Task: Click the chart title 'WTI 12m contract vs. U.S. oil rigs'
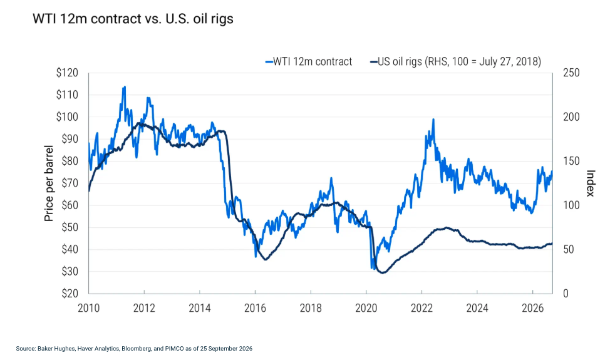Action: [133, 19]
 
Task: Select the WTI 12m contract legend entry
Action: [309, 61]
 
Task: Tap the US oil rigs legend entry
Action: [455, 61]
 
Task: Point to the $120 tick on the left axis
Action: [67, 73]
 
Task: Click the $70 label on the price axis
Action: [70, 183]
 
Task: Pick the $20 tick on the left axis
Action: [70, 294]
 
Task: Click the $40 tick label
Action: [70, 249]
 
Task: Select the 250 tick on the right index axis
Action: [571, 73]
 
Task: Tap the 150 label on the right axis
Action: [571, 161]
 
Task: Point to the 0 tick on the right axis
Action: [566, 294]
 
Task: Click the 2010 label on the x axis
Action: [89, 308]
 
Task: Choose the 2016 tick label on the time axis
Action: [255, 308]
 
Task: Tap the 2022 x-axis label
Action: [421, 308]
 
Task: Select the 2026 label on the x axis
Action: [532, 308]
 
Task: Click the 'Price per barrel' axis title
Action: [48, 183]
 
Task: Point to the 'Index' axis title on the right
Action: [591, 183]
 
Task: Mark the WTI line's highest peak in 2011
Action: [125, 86]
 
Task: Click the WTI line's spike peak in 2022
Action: [433, 120]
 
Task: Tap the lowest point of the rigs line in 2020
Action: [383, 273]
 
